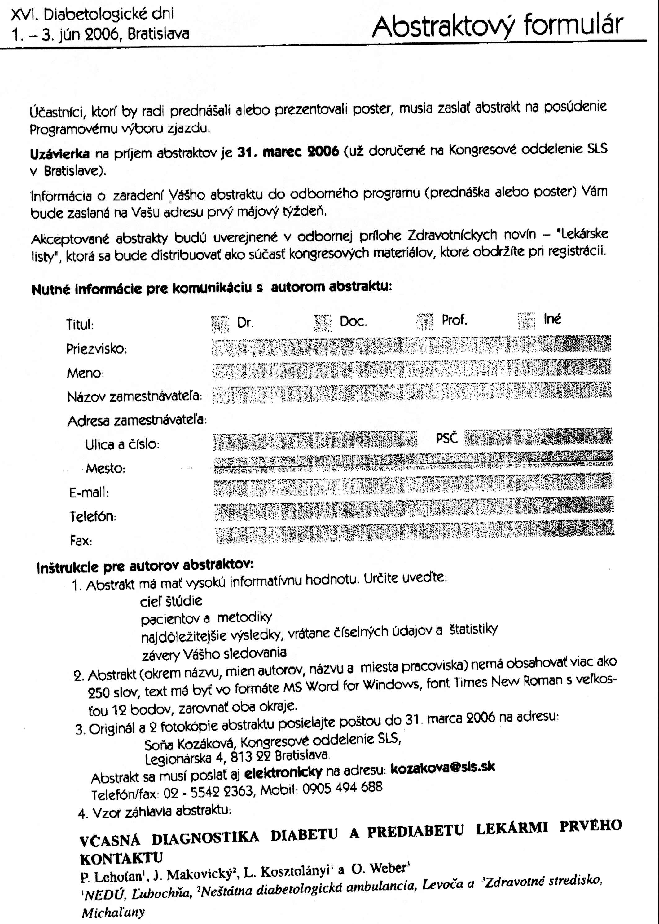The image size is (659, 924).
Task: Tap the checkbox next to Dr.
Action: pos(220,324)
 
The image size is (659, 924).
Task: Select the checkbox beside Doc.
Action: pos(323,323)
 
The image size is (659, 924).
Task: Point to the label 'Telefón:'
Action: pos(93,517)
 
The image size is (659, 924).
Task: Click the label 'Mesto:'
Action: pos(106,468)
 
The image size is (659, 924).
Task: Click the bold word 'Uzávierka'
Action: pos(60,154)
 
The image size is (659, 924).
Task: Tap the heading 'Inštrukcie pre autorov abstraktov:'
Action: pos(145,566)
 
